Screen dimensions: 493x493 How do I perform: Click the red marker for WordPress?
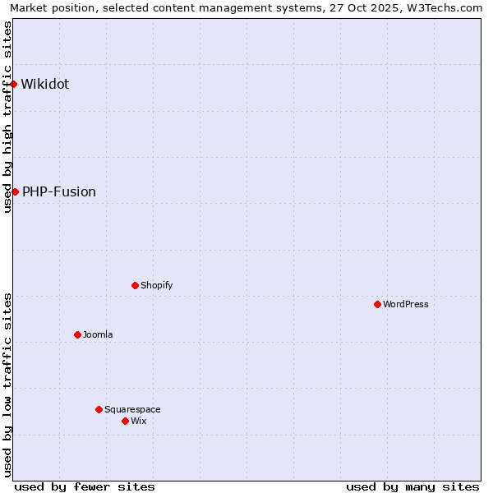377,304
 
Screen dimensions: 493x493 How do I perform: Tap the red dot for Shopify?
135,285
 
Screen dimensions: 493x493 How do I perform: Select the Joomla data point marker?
77,334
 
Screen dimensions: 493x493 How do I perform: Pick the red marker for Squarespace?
99,409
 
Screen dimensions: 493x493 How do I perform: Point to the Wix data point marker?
125,421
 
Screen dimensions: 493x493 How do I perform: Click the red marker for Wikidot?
14,84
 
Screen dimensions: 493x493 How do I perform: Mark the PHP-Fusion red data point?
15,191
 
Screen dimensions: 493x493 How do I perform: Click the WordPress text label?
406,304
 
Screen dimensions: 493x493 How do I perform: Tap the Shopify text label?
156,285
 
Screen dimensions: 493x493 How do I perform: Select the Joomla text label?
98,334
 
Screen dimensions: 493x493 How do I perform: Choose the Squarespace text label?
132,409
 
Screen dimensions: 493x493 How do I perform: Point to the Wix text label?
138,421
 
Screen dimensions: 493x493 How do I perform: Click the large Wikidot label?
45,84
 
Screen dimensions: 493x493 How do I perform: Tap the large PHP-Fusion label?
59,191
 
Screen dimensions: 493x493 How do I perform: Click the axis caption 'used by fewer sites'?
85,486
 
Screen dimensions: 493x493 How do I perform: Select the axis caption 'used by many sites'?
412,486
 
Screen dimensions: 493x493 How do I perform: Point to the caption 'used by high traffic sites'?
7,117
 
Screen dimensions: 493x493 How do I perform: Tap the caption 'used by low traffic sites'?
7,385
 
